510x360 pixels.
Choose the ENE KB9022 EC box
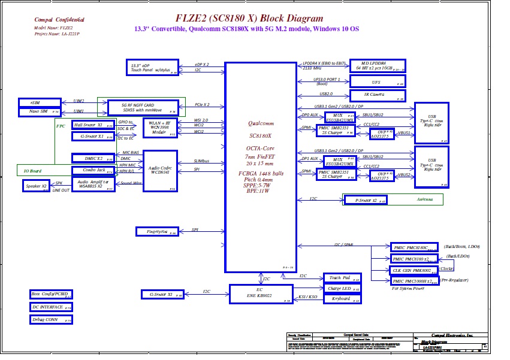(x=260, y=294)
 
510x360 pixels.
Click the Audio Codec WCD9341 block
(x=160, y=171)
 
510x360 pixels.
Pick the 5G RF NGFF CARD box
(x=143, y=107)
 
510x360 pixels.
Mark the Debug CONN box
(x=51, y=320)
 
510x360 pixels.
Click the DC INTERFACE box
(x=51, y=307)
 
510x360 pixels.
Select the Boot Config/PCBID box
(x=51, y=294)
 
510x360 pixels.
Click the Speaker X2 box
(x=37, y=186)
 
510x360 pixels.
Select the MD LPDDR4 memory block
(x=377, y=66)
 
